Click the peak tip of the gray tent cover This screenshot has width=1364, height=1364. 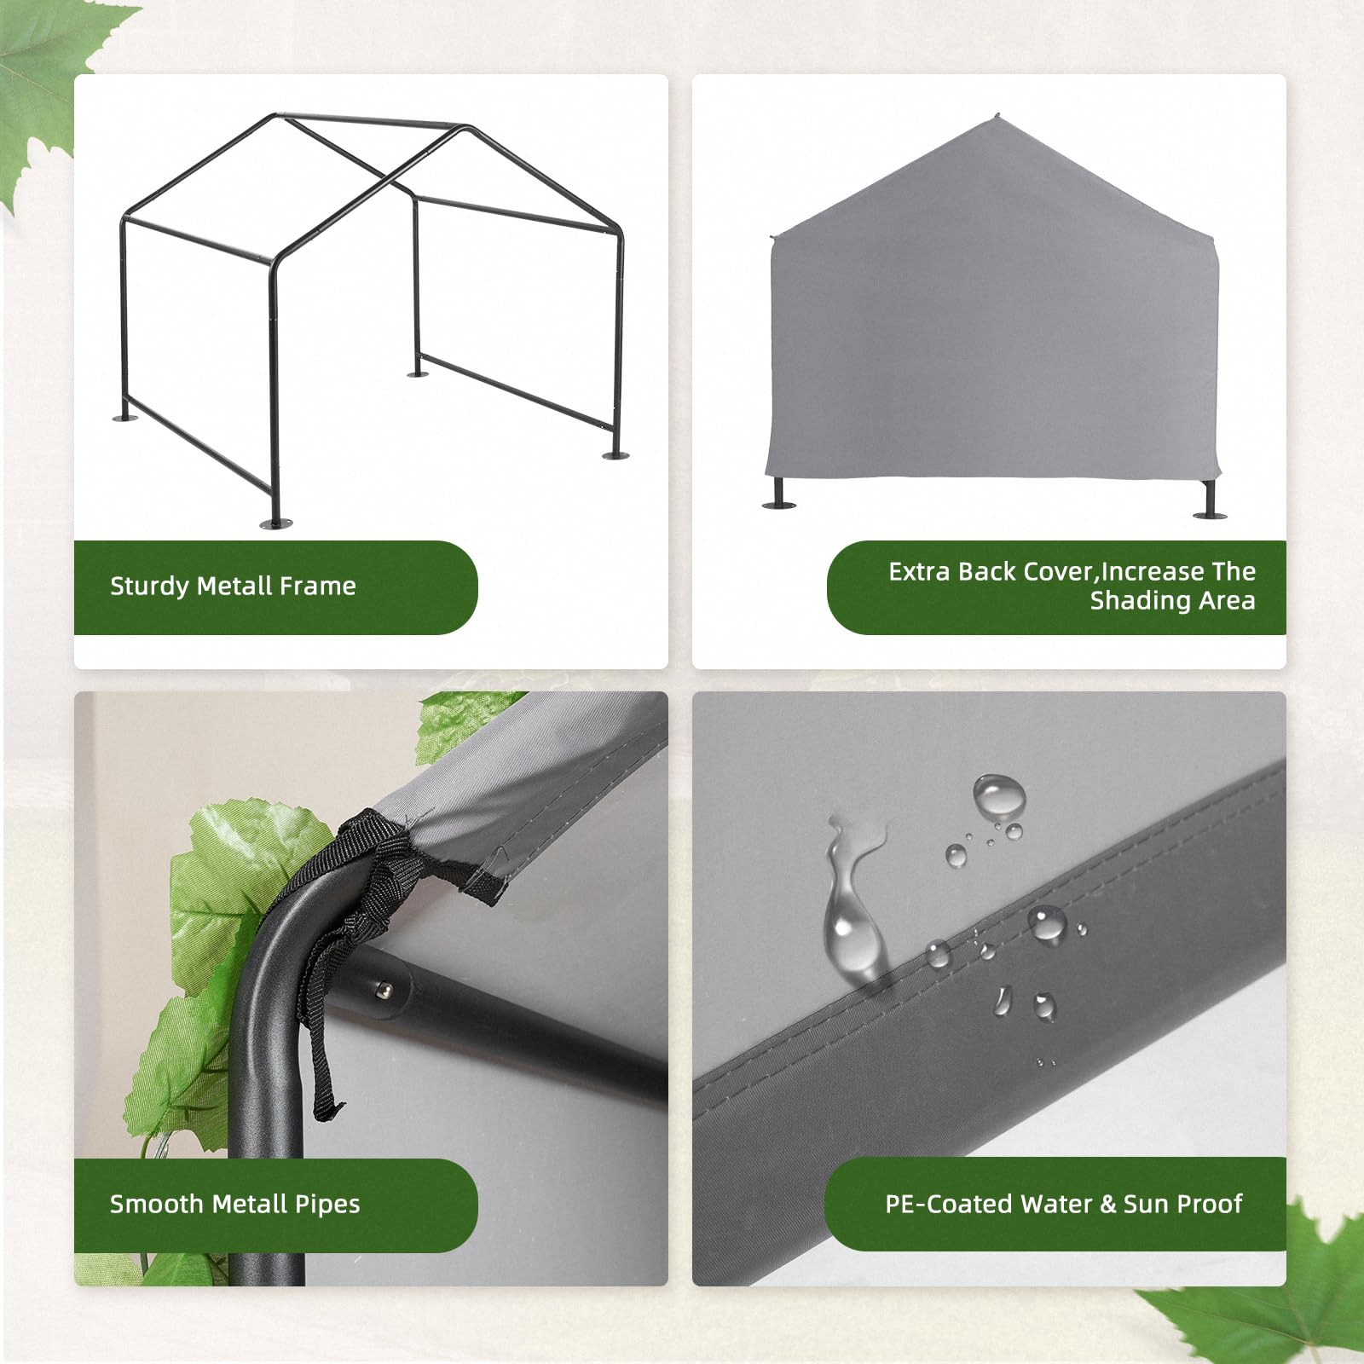(x=997, y=118)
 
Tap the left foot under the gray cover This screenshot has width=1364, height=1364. (x=777, y=502)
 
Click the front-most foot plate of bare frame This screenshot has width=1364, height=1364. (x=275, y=522)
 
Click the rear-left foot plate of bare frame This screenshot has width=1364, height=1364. (x=124, y=418)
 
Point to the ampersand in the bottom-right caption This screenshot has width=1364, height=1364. (x=1107, y=1204)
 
